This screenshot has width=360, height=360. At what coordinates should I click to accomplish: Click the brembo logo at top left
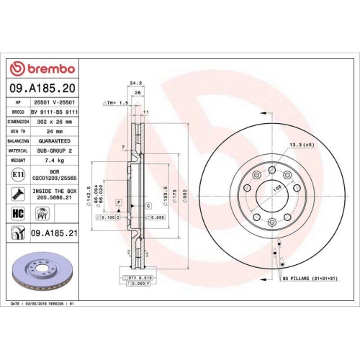41,68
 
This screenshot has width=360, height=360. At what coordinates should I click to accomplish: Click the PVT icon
42,214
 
